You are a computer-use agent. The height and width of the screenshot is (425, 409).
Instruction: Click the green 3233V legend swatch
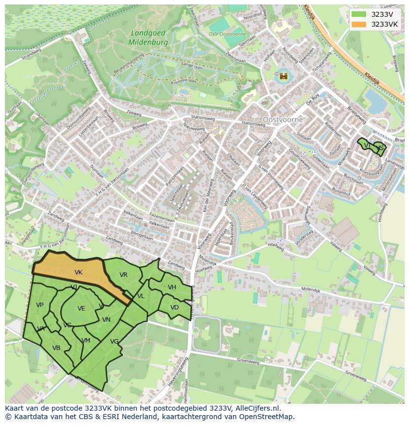(x=359, y=14)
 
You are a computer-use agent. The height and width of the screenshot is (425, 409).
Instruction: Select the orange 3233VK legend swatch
(x=359, y=24)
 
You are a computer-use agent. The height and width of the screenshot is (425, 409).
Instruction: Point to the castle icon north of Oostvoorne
(x=284, y=76)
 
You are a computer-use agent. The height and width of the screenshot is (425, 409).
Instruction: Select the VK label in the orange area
(x=78, y=272)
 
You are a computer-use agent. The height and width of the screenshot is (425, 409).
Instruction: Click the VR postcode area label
(x=123, y=275)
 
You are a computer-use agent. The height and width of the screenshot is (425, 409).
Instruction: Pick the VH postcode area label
(x=172, y=287)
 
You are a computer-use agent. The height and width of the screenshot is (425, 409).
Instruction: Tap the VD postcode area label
(x=174, y=308)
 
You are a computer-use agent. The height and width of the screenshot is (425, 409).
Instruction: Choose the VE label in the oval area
(x=82, y=309)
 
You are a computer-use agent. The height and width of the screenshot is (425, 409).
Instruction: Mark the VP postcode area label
(x=40, y=305)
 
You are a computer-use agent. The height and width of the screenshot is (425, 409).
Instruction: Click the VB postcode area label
(x=56, y=348)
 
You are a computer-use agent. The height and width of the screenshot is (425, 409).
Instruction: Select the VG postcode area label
(x=114, y=341)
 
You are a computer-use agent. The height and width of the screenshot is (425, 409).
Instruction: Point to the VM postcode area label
(x=86, y=341)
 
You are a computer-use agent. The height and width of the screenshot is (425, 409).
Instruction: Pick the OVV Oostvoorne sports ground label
(x=221, y=34)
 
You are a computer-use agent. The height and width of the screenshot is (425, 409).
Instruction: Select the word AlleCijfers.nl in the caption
(x=256, y=409)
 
